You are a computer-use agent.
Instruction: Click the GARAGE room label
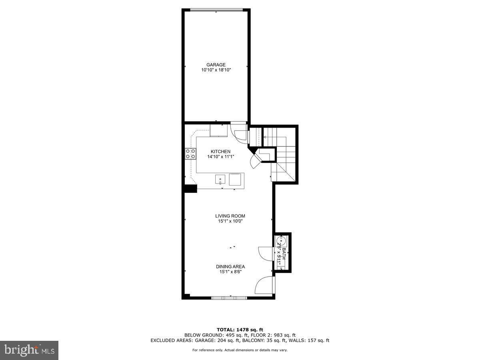pyautogui.click(x=216, y=65)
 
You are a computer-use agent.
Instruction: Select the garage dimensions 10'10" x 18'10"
pyautogui.click(x=216, y=70)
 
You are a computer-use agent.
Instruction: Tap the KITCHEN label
pyautogui.click(x=221, y=152)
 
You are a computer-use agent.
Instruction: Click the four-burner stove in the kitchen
pyautogui.click(x=190, y=154)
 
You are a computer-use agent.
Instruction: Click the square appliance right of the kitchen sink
pyautogui.click(x=236, y=180)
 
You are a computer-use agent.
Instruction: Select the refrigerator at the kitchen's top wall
pyautogui.click(x=219, y=130)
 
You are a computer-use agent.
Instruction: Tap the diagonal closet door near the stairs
pyautogui.click(x=254, y=162)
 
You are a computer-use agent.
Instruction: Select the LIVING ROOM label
pyautogui.click(x=230, y=216)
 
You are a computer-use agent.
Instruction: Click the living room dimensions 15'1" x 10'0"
pyautogui.click(x=230, y=221)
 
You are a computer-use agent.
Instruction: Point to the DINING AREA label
pyautogui.click(x=230, y=267)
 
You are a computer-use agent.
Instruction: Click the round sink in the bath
pyautogui.click(x=281, y=242)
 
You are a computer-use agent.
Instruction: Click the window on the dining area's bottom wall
pyautogui.click(x=230, y=298)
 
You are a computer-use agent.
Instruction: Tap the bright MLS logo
pyautogui.click(x=29, y=350)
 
